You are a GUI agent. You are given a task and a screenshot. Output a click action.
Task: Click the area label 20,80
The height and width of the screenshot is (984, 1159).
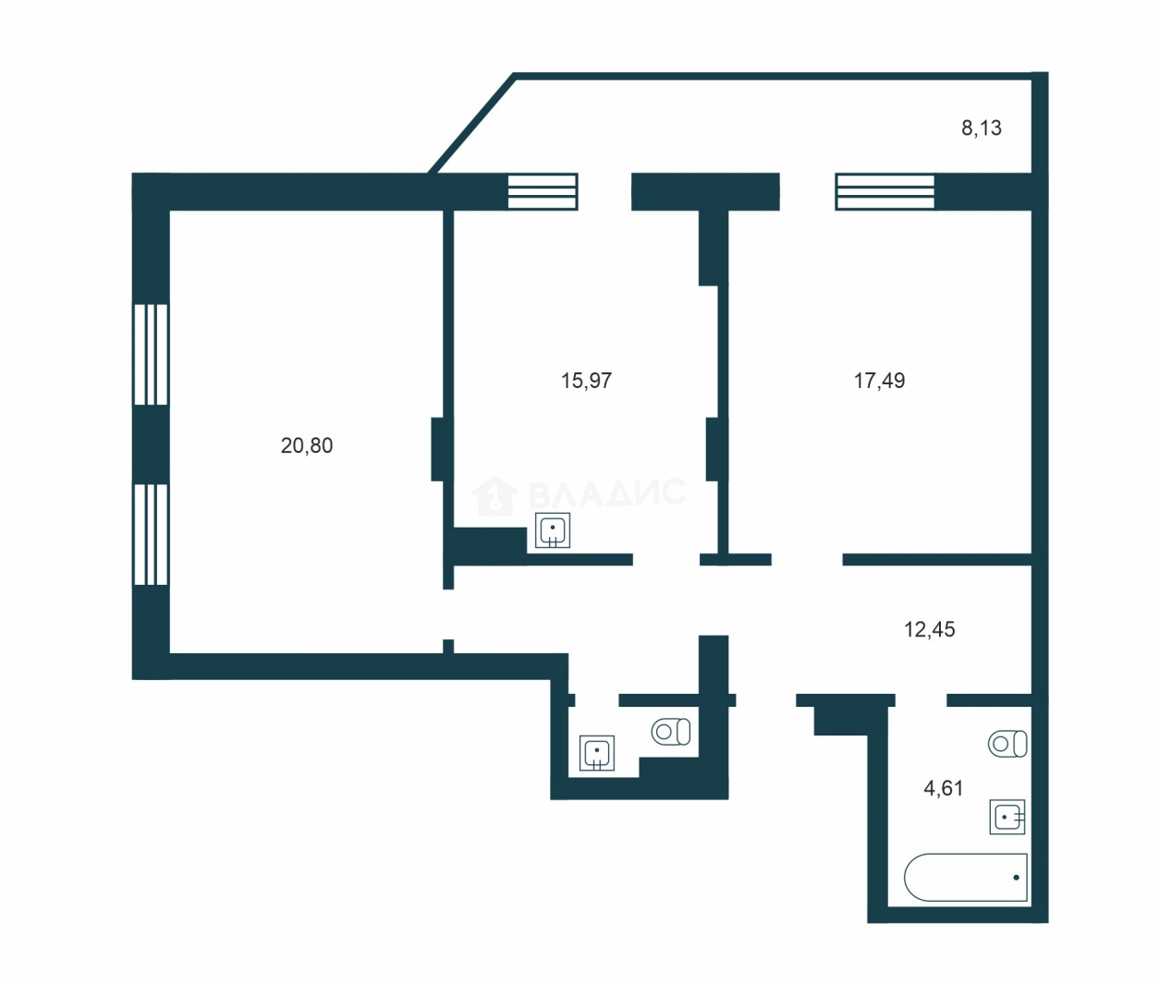(307, 445)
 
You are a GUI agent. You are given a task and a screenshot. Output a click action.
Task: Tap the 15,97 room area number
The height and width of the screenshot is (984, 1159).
(586, 381)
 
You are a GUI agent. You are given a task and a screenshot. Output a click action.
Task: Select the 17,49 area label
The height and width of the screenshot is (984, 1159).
(879, 381)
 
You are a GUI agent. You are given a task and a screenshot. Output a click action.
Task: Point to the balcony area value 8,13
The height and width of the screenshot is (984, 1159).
(982, 128)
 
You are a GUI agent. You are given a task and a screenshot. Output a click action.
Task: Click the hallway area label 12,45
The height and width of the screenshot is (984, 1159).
(930, 629)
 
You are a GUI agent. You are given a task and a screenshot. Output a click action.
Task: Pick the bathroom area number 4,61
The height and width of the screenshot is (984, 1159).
(944, 788)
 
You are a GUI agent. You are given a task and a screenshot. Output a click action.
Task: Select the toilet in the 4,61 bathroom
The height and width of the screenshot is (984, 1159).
(1007, 744)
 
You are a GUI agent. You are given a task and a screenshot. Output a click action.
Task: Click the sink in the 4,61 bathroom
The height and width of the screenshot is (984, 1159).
(1007, 817)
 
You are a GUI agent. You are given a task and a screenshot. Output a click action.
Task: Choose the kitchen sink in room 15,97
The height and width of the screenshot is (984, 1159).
(553, 529)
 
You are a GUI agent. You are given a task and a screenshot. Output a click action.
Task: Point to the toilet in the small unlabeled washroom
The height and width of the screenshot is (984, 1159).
(671, 732)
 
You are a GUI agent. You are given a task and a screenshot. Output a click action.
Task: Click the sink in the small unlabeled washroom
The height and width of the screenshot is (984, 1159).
(597, 753)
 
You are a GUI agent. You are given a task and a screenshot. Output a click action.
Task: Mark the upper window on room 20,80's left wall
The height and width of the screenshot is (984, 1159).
(151, 355)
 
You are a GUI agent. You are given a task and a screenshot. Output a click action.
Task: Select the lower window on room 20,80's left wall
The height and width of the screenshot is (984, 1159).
(151, 534)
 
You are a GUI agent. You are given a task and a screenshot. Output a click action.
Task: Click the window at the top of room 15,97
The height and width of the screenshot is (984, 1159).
(543, 192)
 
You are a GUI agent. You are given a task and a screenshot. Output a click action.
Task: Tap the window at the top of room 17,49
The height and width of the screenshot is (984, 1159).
(884, 192)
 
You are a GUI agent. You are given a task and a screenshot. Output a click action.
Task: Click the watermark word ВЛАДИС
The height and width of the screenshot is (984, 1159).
(607, 492)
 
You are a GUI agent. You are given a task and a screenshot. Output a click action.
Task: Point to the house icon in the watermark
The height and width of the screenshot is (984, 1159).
(494, 495)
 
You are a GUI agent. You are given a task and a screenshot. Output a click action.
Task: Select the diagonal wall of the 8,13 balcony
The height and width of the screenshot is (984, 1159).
(471, 124)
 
